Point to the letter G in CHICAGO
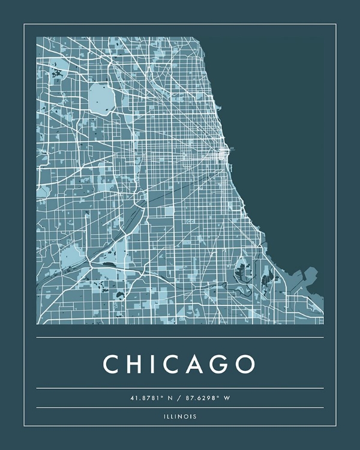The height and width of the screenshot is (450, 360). point(221,364)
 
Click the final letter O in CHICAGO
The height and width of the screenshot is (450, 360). point(245,364)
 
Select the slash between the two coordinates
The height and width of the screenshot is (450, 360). point(179,398)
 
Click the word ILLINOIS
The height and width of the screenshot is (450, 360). point(179,416)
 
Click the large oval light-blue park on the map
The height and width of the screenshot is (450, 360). point(100,97)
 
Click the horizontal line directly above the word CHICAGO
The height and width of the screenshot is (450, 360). point(180,337)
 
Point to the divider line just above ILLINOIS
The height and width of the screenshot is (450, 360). point(180,407)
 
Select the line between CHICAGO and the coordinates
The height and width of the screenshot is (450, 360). point(180,388)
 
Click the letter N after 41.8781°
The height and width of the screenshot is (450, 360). point(169,398)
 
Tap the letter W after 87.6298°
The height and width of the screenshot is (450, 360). point(227,398)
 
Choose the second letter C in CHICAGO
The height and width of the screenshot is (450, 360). point(175,364)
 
